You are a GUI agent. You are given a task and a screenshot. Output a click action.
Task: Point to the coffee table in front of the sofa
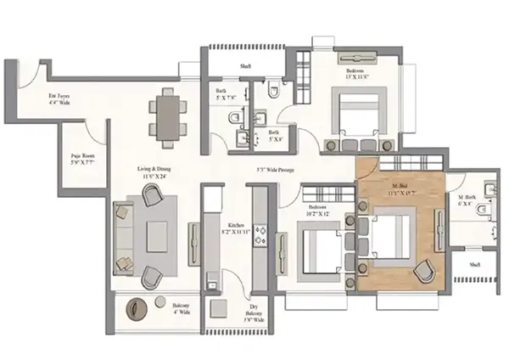[160, 237]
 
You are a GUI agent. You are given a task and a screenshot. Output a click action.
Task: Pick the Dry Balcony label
[255, 317]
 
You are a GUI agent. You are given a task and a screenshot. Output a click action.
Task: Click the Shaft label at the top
[245, 65]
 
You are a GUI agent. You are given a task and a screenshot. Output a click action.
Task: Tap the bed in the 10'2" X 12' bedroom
[323, 250]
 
